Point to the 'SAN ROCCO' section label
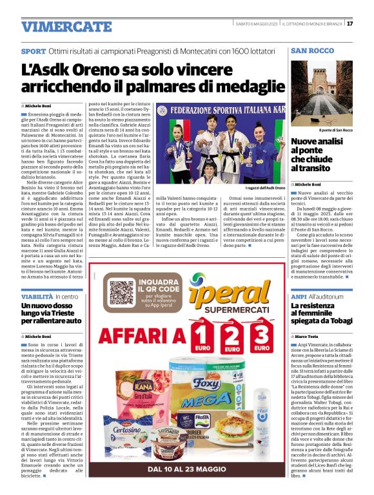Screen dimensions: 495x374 click(x=312, y=50)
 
